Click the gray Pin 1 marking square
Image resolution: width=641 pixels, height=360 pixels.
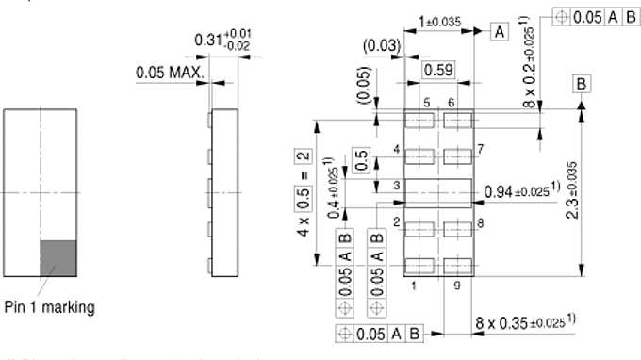click(x=58, y=256)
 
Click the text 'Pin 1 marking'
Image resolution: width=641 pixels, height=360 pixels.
click(x=48, y=307)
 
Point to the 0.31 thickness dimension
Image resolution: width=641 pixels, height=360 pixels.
click(x=223, y=41)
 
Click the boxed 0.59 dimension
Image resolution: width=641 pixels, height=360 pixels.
click(x=438, y=69)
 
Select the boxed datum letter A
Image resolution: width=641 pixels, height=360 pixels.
click(x=499, y=32)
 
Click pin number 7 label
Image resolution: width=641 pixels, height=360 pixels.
click(x=480, y=149)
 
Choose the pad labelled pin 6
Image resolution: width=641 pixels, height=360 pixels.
click(x=457, y=120)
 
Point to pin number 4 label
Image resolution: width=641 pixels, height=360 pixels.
click(x=397, y=149)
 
